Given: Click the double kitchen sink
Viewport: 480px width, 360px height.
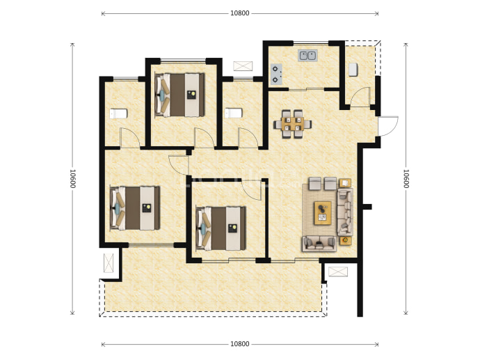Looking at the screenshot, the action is coord(307,56).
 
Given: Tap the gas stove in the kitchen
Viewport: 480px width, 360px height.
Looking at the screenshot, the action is coord(276,75).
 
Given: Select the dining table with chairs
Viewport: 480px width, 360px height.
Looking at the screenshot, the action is coord(292,124).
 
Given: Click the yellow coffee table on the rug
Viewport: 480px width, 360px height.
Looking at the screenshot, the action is coord(322,213).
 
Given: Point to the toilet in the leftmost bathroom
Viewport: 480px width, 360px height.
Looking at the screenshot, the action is coord(118,114).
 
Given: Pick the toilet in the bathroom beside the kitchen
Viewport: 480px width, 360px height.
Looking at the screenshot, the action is coord(233,113).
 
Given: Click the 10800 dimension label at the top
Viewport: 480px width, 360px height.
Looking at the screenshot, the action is coord(240,13).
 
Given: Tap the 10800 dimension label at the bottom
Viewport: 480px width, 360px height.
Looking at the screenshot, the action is coord(240,344).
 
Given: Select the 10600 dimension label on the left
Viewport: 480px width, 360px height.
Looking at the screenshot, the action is coord(72,179).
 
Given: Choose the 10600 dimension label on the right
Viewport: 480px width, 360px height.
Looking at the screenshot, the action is coord(406,179).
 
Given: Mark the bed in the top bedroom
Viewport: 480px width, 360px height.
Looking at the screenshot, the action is coord(179,95).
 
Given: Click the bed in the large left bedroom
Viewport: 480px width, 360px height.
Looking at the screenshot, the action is coord(135,208).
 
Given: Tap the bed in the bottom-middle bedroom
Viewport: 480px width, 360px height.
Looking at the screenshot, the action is coord(221,228).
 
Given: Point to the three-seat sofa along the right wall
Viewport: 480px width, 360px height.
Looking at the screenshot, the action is coord(345,212).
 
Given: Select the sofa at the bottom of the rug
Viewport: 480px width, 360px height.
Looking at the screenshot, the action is coord(319,244).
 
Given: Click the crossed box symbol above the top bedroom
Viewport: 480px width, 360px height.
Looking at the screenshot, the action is coord(243,66).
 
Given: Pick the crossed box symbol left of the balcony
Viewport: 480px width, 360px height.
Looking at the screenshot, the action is coord(109,263).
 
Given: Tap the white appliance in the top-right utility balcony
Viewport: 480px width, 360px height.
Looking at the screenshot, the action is coord(353,69).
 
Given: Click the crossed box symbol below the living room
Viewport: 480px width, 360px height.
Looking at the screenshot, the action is coord(338,272).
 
